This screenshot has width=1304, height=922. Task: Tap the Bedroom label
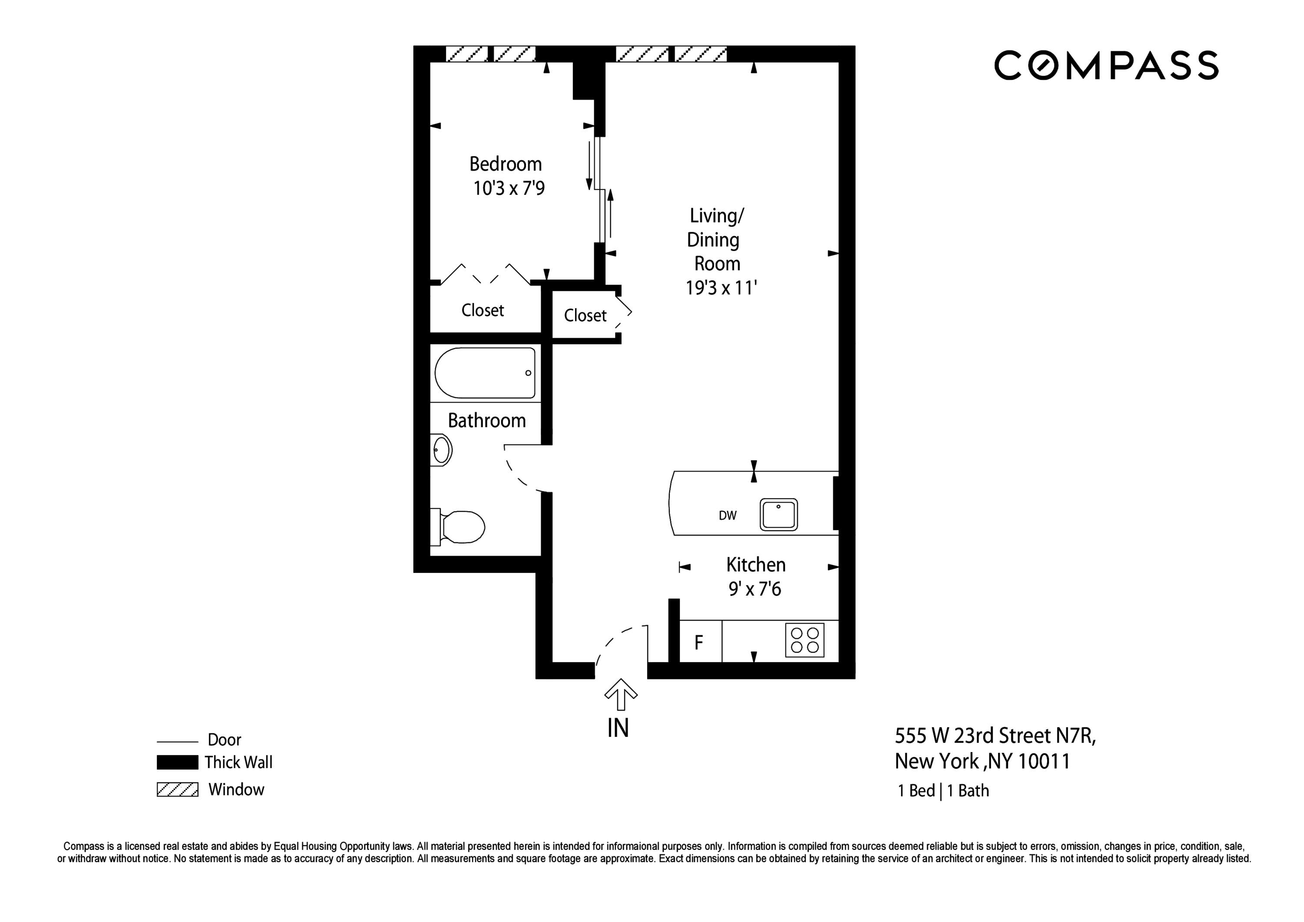(x=505, y=164)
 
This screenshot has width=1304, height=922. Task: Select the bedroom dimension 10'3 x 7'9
(x=509, y=188)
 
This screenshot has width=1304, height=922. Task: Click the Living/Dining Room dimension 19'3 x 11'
(x=721, y=288)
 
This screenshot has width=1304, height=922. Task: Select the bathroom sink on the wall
(x=441, y=450)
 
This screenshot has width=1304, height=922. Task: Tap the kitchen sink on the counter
(x=778, y=515)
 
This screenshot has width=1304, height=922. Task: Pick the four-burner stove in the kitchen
(x=805, y=640)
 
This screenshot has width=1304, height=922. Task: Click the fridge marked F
(x=699, y=642)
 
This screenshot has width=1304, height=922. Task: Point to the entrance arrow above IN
(x=620, y=694)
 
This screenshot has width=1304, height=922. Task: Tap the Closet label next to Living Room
(x=585, y=315)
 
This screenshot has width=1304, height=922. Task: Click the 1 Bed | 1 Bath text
(x=943, y=791)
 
